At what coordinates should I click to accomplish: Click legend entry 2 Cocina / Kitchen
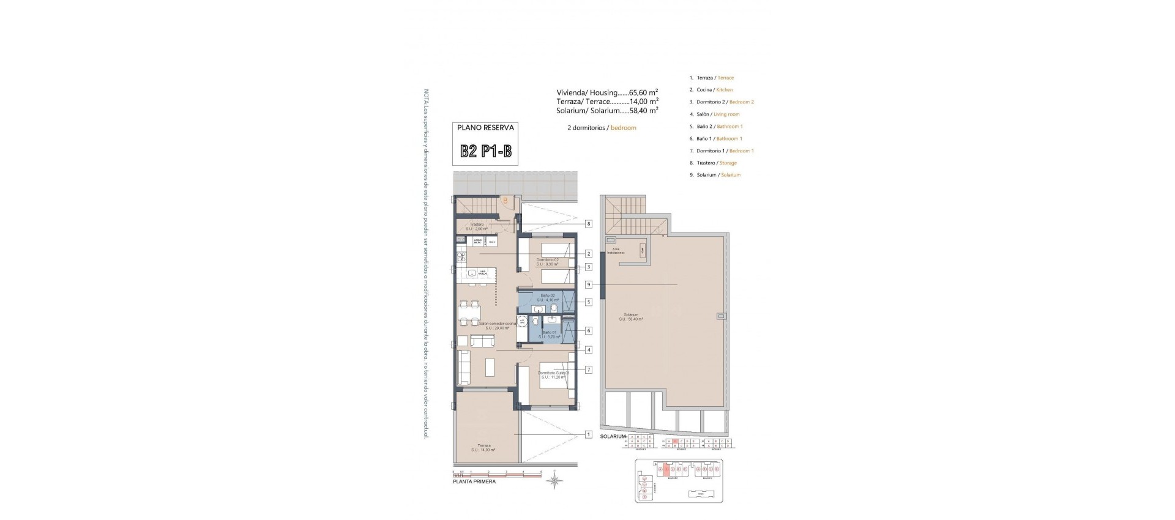(714, 90)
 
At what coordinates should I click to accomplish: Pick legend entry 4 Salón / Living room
(717, 114)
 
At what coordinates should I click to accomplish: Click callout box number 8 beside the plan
(588, 224)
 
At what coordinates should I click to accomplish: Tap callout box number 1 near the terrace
(588, 435)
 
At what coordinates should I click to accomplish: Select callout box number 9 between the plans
(588, 284)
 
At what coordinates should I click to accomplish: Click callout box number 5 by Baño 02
(588, 302)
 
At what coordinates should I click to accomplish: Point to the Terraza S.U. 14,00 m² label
(483, 448)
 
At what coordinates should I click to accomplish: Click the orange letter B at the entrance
(505, 200)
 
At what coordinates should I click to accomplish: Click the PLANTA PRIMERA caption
(474, 481)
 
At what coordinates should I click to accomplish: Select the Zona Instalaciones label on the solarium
(617, 251)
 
